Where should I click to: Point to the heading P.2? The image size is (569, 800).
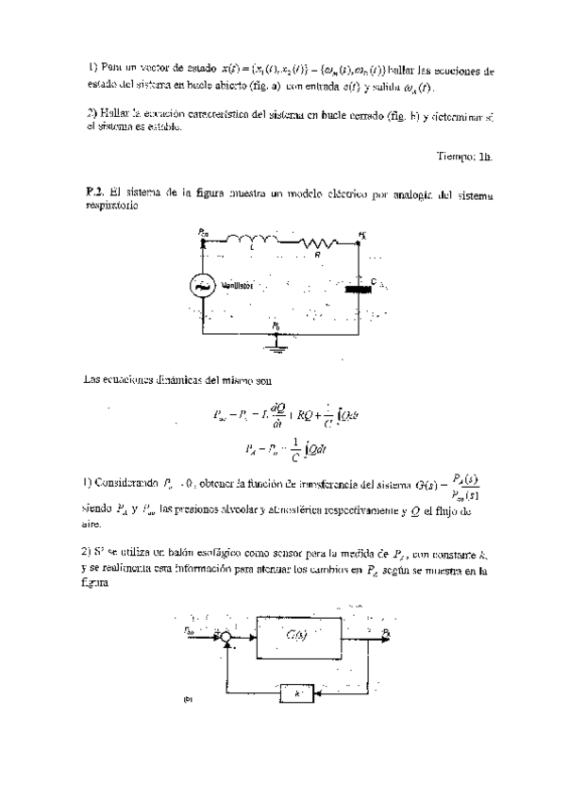pos(92,191)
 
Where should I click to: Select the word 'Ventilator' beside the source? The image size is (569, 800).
pos(242,284)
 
